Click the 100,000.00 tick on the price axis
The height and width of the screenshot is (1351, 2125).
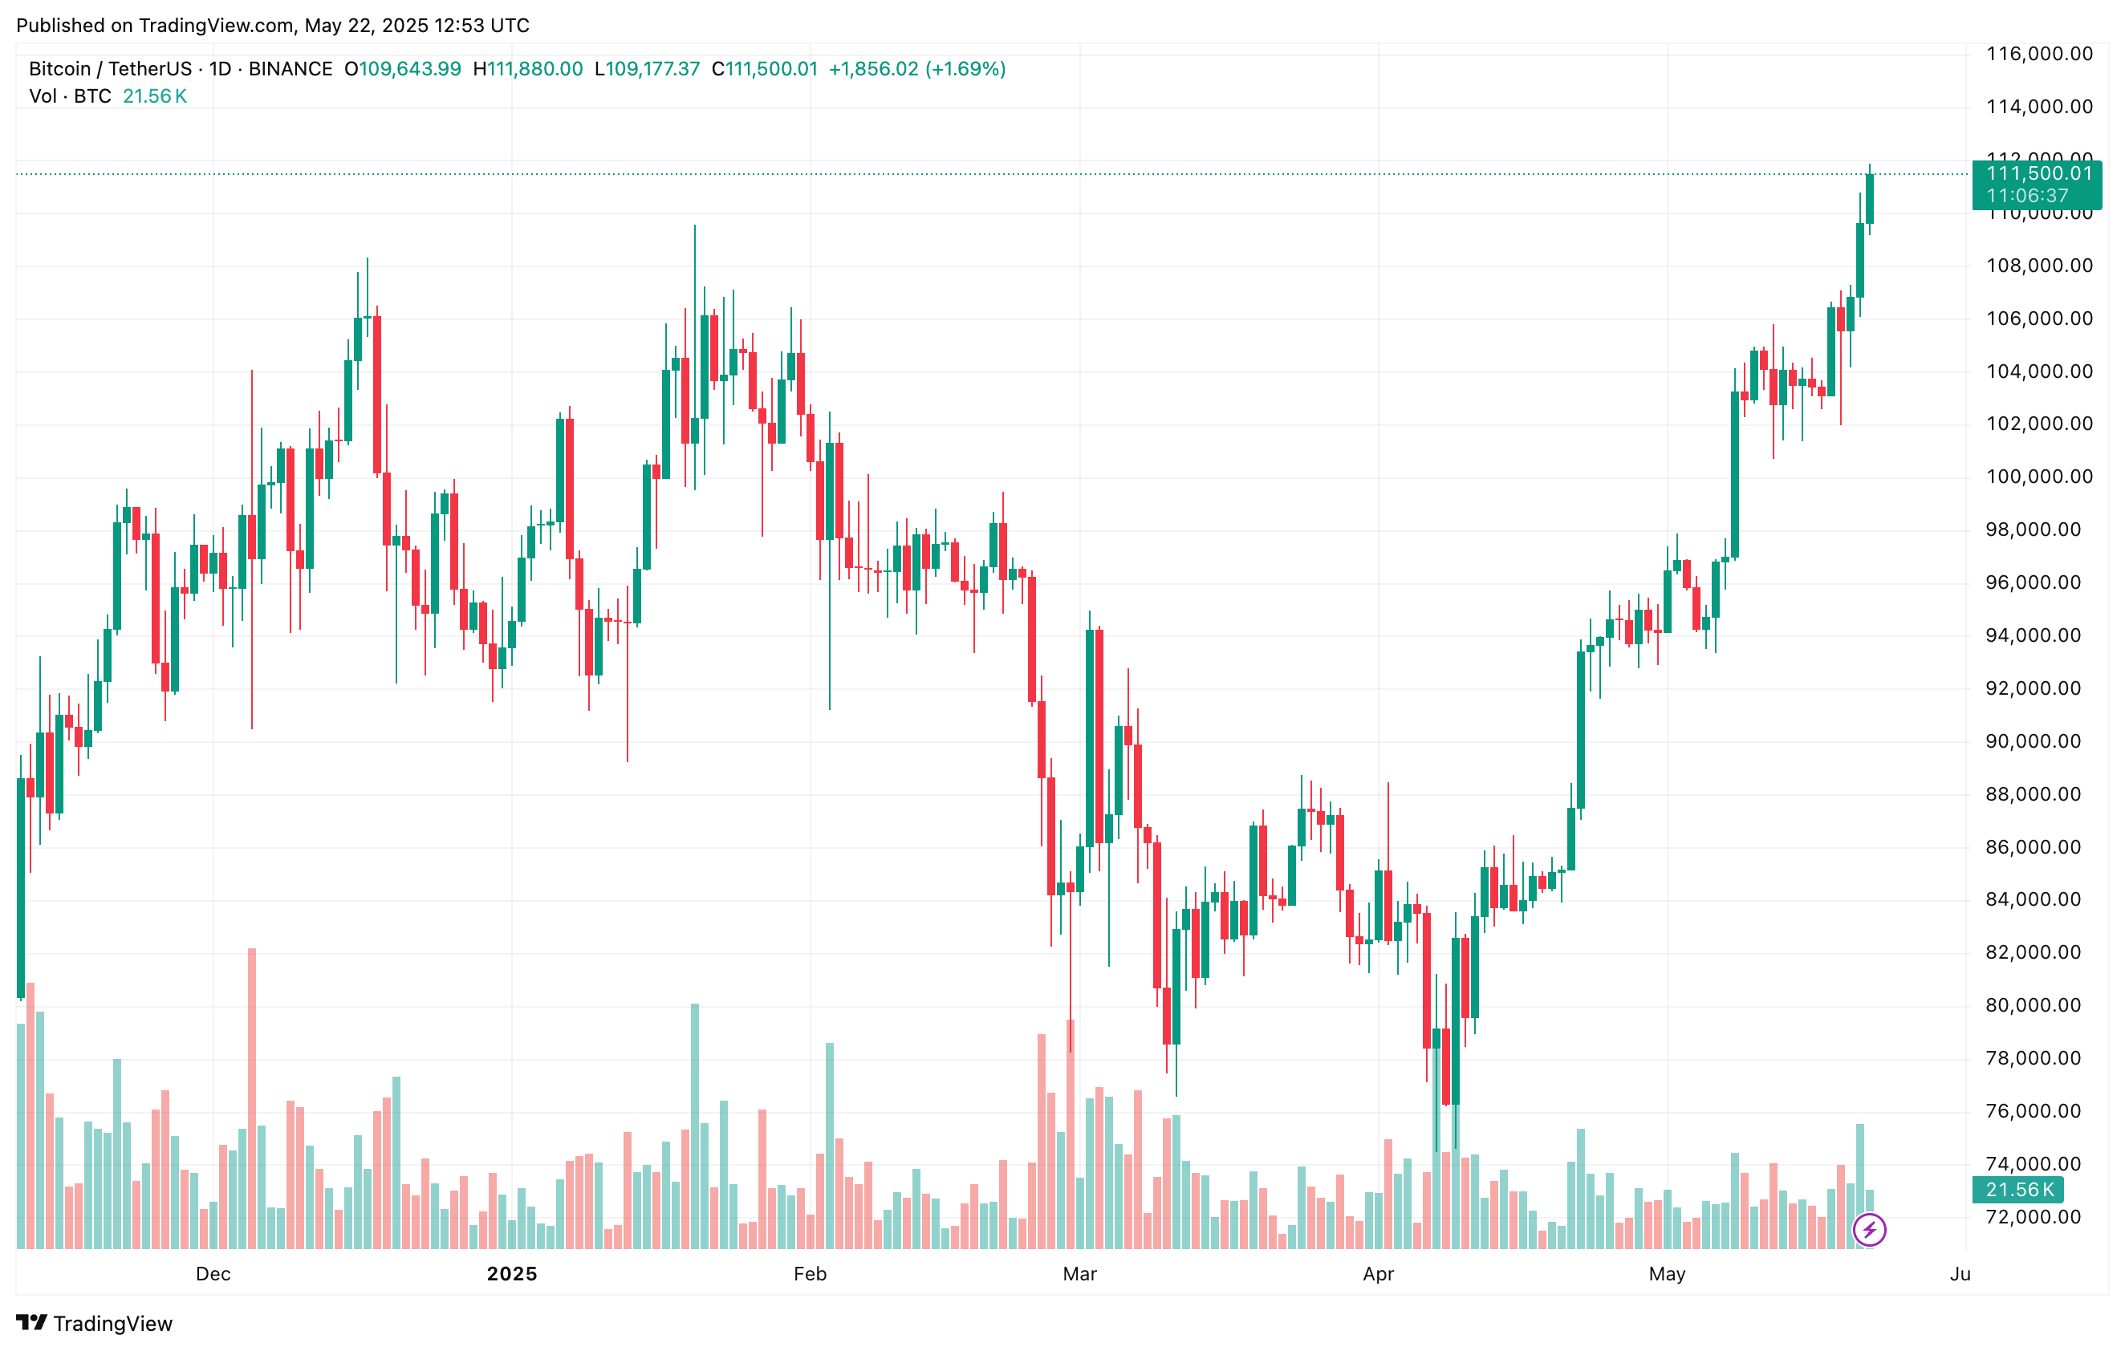2038,477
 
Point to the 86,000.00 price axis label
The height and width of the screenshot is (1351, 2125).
2038,847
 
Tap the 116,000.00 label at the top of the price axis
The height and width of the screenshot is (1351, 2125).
2038,54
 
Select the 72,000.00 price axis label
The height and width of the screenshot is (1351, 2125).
2038,1217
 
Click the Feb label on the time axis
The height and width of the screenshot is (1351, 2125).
809,1273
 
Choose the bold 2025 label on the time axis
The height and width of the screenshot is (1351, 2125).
512,1273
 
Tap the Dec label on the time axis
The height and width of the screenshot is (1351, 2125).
213,1273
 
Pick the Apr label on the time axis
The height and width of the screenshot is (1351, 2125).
1378,1273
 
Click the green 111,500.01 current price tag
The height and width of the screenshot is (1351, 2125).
2038,174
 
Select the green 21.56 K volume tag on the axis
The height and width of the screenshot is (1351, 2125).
2018,1190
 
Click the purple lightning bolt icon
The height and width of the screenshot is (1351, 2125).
1869,1229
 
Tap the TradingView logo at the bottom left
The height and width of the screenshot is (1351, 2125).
95,1323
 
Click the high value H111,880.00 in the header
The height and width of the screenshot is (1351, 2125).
528,69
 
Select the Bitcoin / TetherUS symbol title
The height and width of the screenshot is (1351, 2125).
110,69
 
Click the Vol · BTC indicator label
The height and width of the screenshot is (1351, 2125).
70,96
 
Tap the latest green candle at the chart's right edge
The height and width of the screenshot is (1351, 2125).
1869,198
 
